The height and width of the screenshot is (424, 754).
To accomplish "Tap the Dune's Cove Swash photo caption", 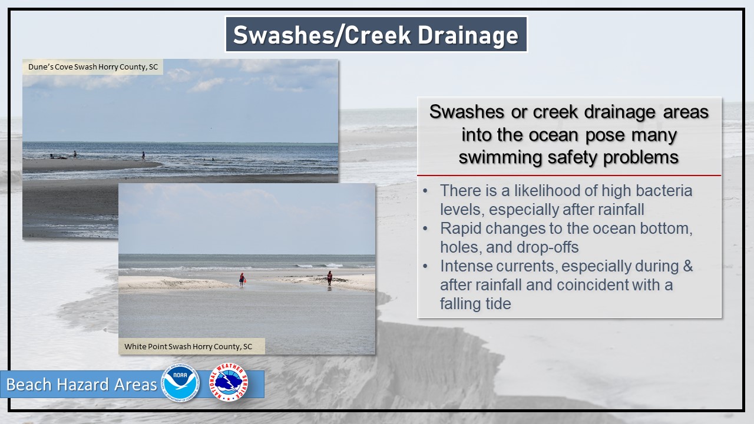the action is [x=93, y=67].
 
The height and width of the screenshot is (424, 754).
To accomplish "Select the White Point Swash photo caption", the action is [x=188, y=346].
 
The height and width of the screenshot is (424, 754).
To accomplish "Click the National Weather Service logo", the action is [x=229, y=382].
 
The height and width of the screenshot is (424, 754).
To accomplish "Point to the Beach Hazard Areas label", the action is [x=82, y=385].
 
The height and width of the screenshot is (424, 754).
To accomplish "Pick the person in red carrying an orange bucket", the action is [x=242, y=279].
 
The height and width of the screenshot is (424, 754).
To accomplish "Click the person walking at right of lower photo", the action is [x=329, y=279].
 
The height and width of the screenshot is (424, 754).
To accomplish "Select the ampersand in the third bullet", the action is [x=687, y=266].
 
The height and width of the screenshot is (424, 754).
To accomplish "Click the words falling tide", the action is [x=475, y=303].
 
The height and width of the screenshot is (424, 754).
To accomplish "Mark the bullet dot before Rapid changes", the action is [x=425, y=228].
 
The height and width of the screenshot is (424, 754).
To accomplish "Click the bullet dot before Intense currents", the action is [x=425, y=266].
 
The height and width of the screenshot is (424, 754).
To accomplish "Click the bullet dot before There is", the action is [x=425, y=191].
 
